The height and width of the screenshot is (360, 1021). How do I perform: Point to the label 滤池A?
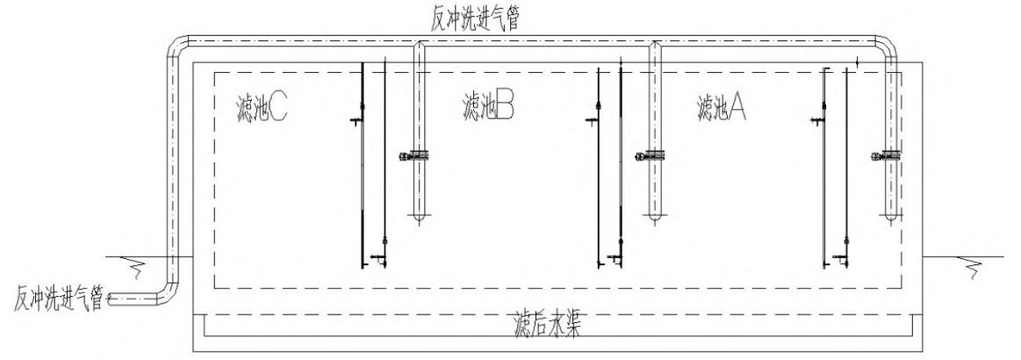(722, 109)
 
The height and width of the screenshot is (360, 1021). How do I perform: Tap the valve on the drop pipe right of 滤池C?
(415, 156)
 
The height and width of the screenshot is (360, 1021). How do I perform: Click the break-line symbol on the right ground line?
(974, 263)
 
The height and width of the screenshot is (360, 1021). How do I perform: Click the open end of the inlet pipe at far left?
(110, 300)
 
